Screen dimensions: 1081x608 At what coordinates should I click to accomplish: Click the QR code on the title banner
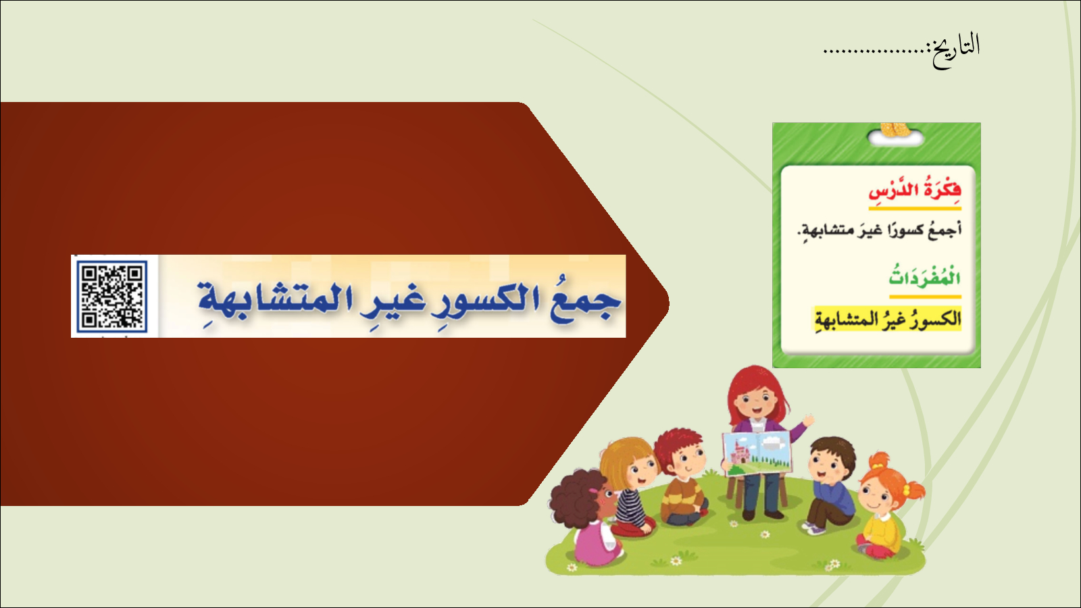[x=112, y=297]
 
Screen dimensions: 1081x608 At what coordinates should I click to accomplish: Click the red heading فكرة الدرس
[x=915, y=191]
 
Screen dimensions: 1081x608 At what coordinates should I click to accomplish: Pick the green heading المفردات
[x=925, y=278]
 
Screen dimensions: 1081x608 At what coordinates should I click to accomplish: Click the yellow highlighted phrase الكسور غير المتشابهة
[x=888, y=319]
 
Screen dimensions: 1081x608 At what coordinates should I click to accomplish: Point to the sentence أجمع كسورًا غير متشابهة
[x=879, y=230]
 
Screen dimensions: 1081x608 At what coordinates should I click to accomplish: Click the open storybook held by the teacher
[x=757, y=453]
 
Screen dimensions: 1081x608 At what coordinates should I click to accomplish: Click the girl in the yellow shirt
[x=887, y=507]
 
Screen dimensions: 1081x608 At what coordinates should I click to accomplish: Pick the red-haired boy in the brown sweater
[x=683, y=478]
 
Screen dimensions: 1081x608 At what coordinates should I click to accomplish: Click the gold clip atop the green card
[x=895, y=129]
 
